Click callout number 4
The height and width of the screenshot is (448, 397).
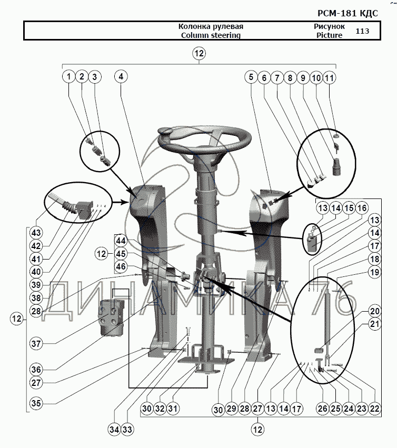coord(121,77)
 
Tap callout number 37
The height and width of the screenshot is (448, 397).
coord(35,344)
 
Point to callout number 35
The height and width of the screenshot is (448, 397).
coord(35,404)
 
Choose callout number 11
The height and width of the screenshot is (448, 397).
coord(329,77)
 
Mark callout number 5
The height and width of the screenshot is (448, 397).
coord(251,77)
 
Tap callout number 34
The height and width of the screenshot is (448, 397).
coord(114,430)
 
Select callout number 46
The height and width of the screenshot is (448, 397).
coord(122,267)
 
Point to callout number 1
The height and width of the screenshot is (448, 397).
coord(68,77)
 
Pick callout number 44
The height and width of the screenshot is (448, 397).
coord(122,241)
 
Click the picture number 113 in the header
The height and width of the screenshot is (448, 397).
coord(362,31)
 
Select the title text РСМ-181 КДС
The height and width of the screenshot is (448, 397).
coord(356,13)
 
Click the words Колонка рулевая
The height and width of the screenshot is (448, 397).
coord(210,26)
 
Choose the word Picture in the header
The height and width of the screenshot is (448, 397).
coord(329,35)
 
